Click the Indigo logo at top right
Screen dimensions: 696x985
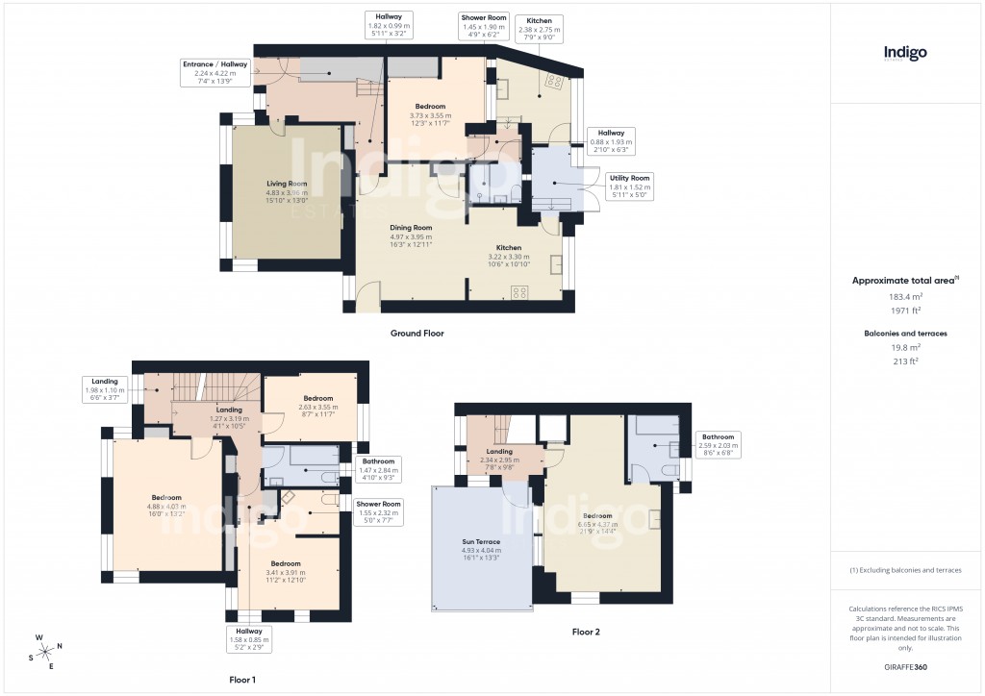(x=904, y=53)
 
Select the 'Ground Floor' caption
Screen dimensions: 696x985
(x=417, y=333)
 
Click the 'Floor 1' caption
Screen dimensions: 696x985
(x=241, y=680)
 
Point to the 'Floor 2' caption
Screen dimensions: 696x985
(x=585, y=632)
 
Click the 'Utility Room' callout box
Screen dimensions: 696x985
(x=630, y=186)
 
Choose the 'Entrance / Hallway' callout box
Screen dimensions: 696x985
(x=215, y=72)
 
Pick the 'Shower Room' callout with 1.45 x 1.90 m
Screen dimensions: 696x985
(x=483, y=26)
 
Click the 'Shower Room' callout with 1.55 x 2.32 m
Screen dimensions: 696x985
(x=376, y=512)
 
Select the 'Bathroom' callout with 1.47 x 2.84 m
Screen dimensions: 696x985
(x=377, y=469)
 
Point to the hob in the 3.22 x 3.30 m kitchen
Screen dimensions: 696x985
(x=520, y=293)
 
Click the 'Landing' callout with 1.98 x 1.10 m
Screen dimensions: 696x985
(x=105, y=389)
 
